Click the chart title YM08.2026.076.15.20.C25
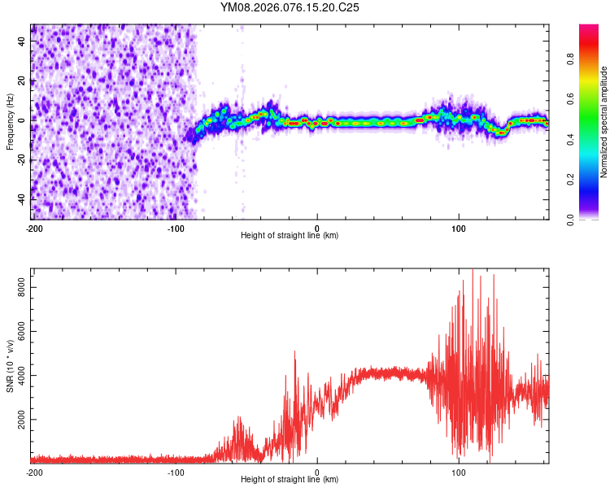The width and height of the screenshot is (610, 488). point(290,7)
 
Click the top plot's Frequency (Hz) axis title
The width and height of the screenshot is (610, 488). point(10,121)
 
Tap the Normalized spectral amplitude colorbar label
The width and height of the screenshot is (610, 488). point(604,122)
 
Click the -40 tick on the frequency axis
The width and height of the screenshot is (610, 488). point(20,199)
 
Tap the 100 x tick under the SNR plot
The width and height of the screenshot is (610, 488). point(459,472)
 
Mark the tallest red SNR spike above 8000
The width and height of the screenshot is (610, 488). point(473,272)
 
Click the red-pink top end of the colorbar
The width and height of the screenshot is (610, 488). point(589,28)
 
